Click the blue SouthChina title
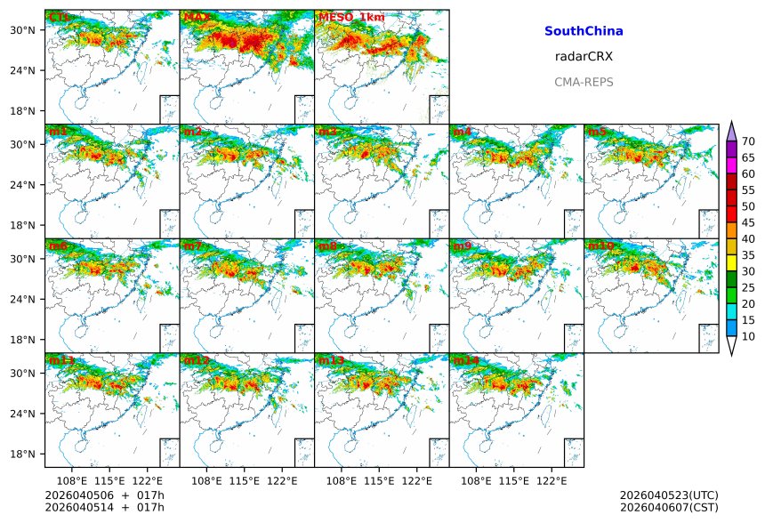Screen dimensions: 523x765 584,31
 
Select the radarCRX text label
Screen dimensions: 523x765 584,56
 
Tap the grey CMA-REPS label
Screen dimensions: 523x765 584,82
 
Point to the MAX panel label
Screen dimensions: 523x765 196,17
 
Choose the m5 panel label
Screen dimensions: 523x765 597,132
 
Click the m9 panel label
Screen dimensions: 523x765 463,245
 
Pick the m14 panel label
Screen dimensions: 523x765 465,360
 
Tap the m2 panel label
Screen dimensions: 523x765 192,132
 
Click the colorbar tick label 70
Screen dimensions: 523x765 749,141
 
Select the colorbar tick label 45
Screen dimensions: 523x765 749,222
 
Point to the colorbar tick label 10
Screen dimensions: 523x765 749,336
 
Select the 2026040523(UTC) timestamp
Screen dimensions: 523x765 669,495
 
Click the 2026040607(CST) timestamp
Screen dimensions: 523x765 669,507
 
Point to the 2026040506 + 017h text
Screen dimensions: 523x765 105,495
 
